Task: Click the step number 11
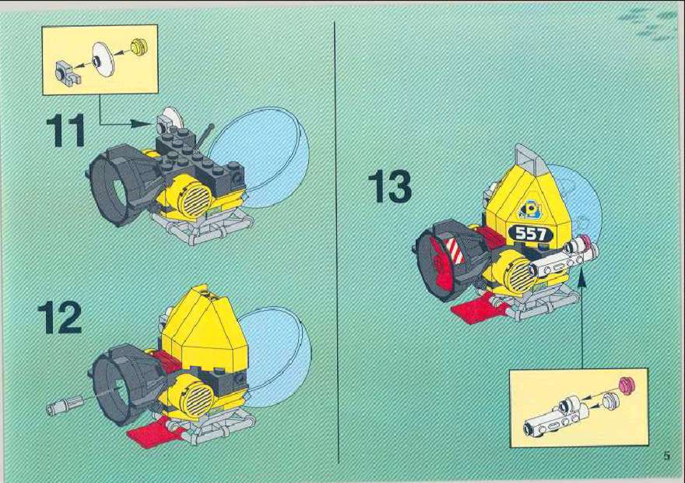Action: (65, 130)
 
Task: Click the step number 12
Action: (60, 317)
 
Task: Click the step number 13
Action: (390, 187)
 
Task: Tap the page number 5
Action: (666, 456)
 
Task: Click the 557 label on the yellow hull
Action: (531, 234)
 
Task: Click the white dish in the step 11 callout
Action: (104, 60)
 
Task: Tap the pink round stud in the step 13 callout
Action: (627, 385)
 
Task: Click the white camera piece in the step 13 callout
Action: (552, 417)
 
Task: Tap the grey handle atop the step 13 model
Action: (529, 157)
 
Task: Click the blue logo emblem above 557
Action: (529, 209)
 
